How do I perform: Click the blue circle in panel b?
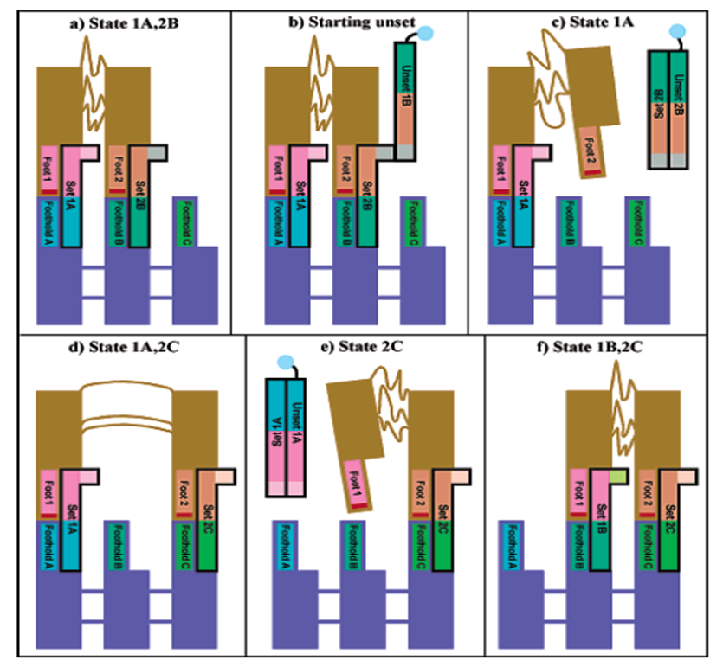(x=427, y=34)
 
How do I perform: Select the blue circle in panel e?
(x=281, y=362)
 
